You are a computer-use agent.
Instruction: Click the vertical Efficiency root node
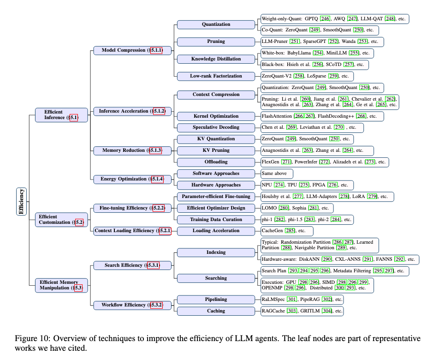point(22,201)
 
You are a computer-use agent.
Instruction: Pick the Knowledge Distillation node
point(216,59)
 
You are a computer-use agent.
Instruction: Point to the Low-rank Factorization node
point(216,76)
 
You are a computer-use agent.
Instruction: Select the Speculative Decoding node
point(216,127)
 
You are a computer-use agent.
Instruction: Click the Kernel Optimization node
point(216,116)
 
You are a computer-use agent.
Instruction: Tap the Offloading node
point(216,162)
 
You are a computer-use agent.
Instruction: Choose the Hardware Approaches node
point(216,185)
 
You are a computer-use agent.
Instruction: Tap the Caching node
point(216,311)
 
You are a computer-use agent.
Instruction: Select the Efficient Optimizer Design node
point(216,208)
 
